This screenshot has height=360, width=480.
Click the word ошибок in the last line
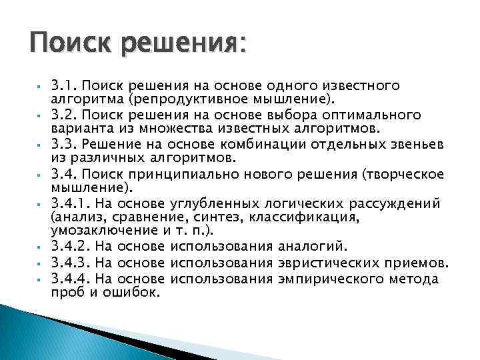(x=134, y=291)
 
